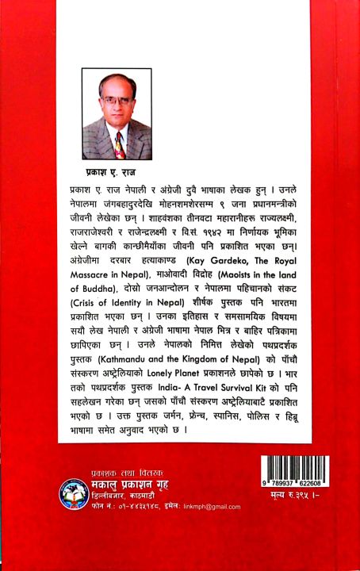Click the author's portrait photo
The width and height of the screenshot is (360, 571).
117,114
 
